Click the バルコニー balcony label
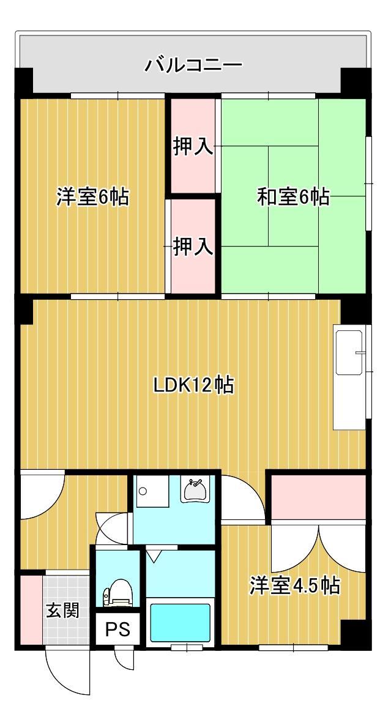click(x=193, y=65)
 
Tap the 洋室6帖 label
click(x=92, y=197)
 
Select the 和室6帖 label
click(x=293, y=197)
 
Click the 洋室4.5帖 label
click(x=294, y=585)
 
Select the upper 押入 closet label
click(x=193, y=147)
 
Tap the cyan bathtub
click(x=180, y=623)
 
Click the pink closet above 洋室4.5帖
click(x=318, y=496)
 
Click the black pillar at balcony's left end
click(x=24, y=82)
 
